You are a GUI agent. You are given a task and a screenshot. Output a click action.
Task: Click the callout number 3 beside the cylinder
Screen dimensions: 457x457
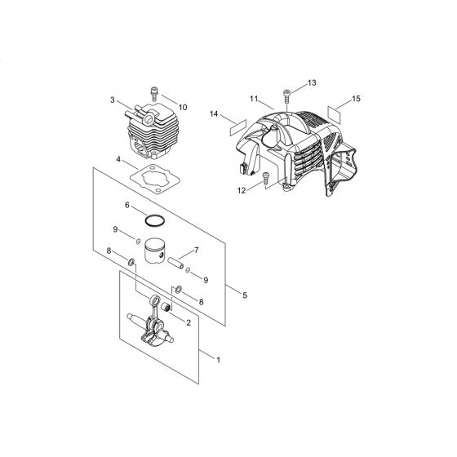tap(113, 101)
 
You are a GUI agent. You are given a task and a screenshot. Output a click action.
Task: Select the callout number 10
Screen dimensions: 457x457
tap(183, 107)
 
